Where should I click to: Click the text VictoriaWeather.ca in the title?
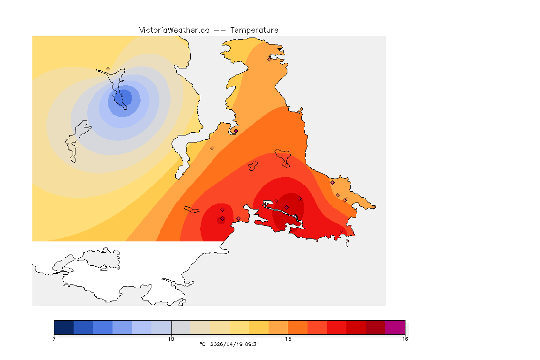[174, 30]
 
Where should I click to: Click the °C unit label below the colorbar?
[202, 344]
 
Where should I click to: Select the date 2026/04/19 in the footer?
[227, 344]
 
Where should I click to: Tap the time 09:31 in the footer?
[252, 344]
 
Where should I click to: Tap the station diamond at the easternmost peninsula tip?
[374, 207]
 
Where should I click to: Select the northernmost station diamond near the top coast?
[269, 59]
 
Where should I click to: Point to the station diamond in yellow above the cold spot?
[108, 68]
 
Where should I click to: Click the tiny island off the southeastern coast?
[347, 243]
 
